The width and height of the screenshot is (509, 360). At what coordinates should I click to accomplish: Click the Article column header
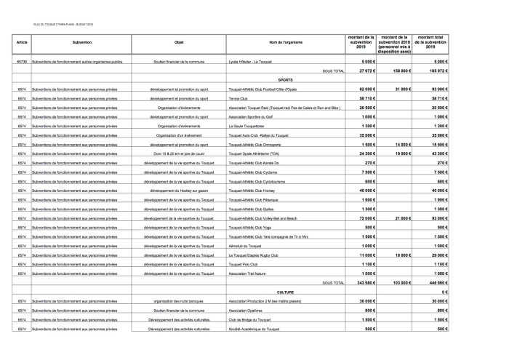pos(22,43)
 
